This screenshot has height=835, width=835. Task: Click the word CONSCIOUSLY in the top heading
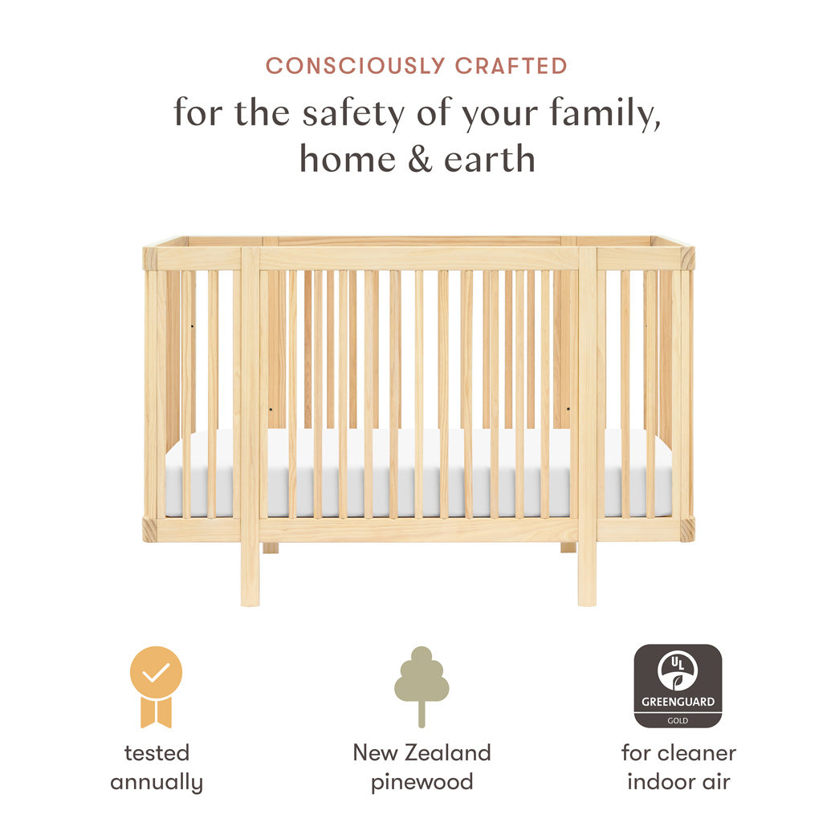356,66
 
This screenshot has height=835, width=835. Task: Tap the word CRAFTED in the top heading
511,66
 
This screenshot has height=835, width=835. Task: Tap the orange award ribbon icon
157,686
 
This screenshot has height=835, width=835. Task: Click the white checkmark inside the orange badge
157,672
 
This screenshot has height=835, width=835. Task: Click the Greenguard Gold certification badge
678,686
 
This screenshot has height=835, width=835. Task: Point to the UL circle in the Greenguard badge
678,671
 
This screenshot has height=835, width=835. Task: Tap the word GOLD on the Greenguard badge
678,720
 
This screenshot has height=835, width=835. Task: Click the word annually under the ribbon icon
157,782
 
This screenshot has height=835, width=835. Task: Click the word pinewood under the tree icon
422,782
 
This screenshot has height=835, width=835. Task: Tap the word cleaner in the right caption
696,753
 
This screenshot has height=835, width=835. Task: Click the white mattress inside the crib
417,474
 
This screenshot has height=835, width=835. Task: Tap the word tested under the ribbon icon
157,753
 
